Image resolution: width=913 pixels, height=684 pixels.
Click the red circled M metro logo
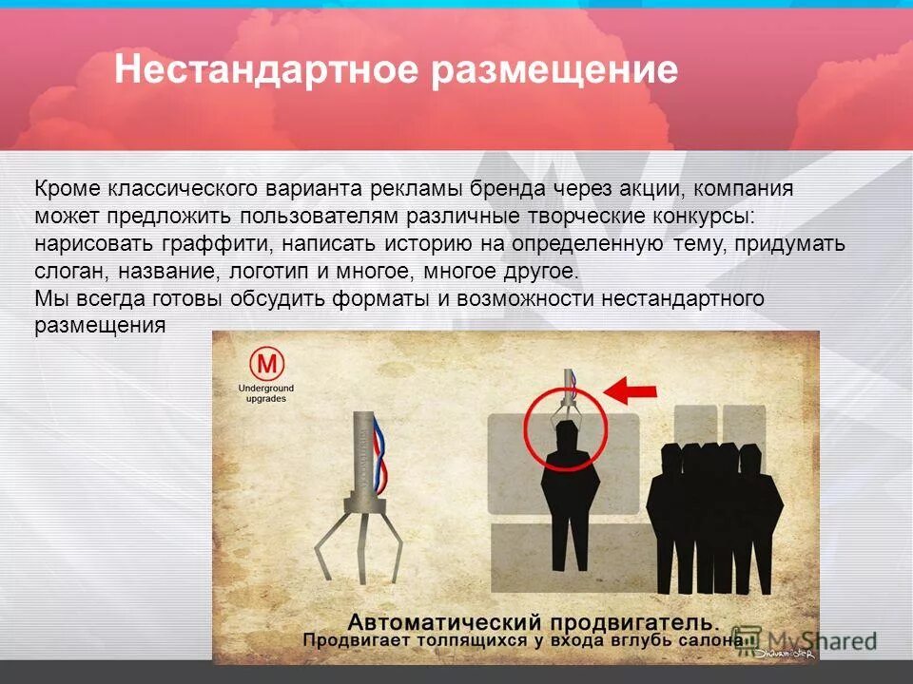(x=267, y=364)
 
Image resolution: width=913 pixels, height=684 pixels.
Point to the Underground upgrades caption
(x=267, y=394)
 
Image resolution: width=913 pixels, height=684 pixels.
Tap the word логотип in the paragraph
(x=270, y=272)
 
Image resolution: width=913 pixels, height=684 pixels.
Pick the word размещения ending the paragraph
(x=101, y=326)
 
